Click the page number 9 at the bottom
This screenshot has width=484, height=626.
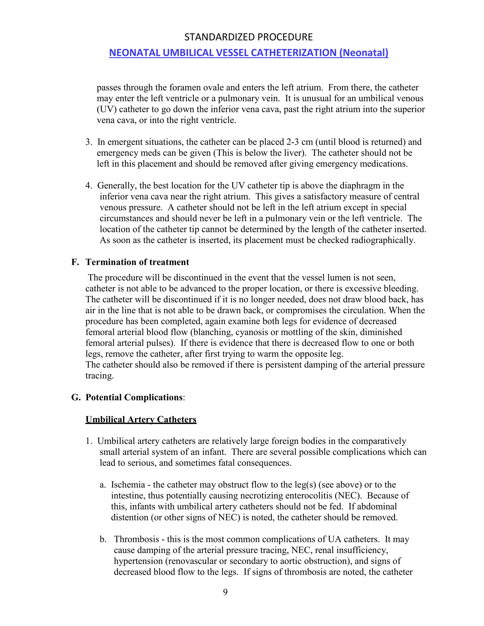click(225, 592)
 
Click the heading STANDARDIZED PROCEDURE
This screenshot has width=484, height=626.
click(248, 37)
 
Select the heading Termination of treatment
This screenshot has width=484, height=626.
click(137, 262)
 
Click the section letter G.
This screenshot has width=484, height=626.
click(75, 397)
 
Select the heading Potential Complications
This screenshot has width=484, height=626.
click(134, 397)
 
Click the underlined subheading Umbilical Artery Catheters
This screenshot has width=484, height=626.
click(141, 419)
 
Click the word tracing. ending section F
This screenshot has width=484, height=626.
click(99, 376)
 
